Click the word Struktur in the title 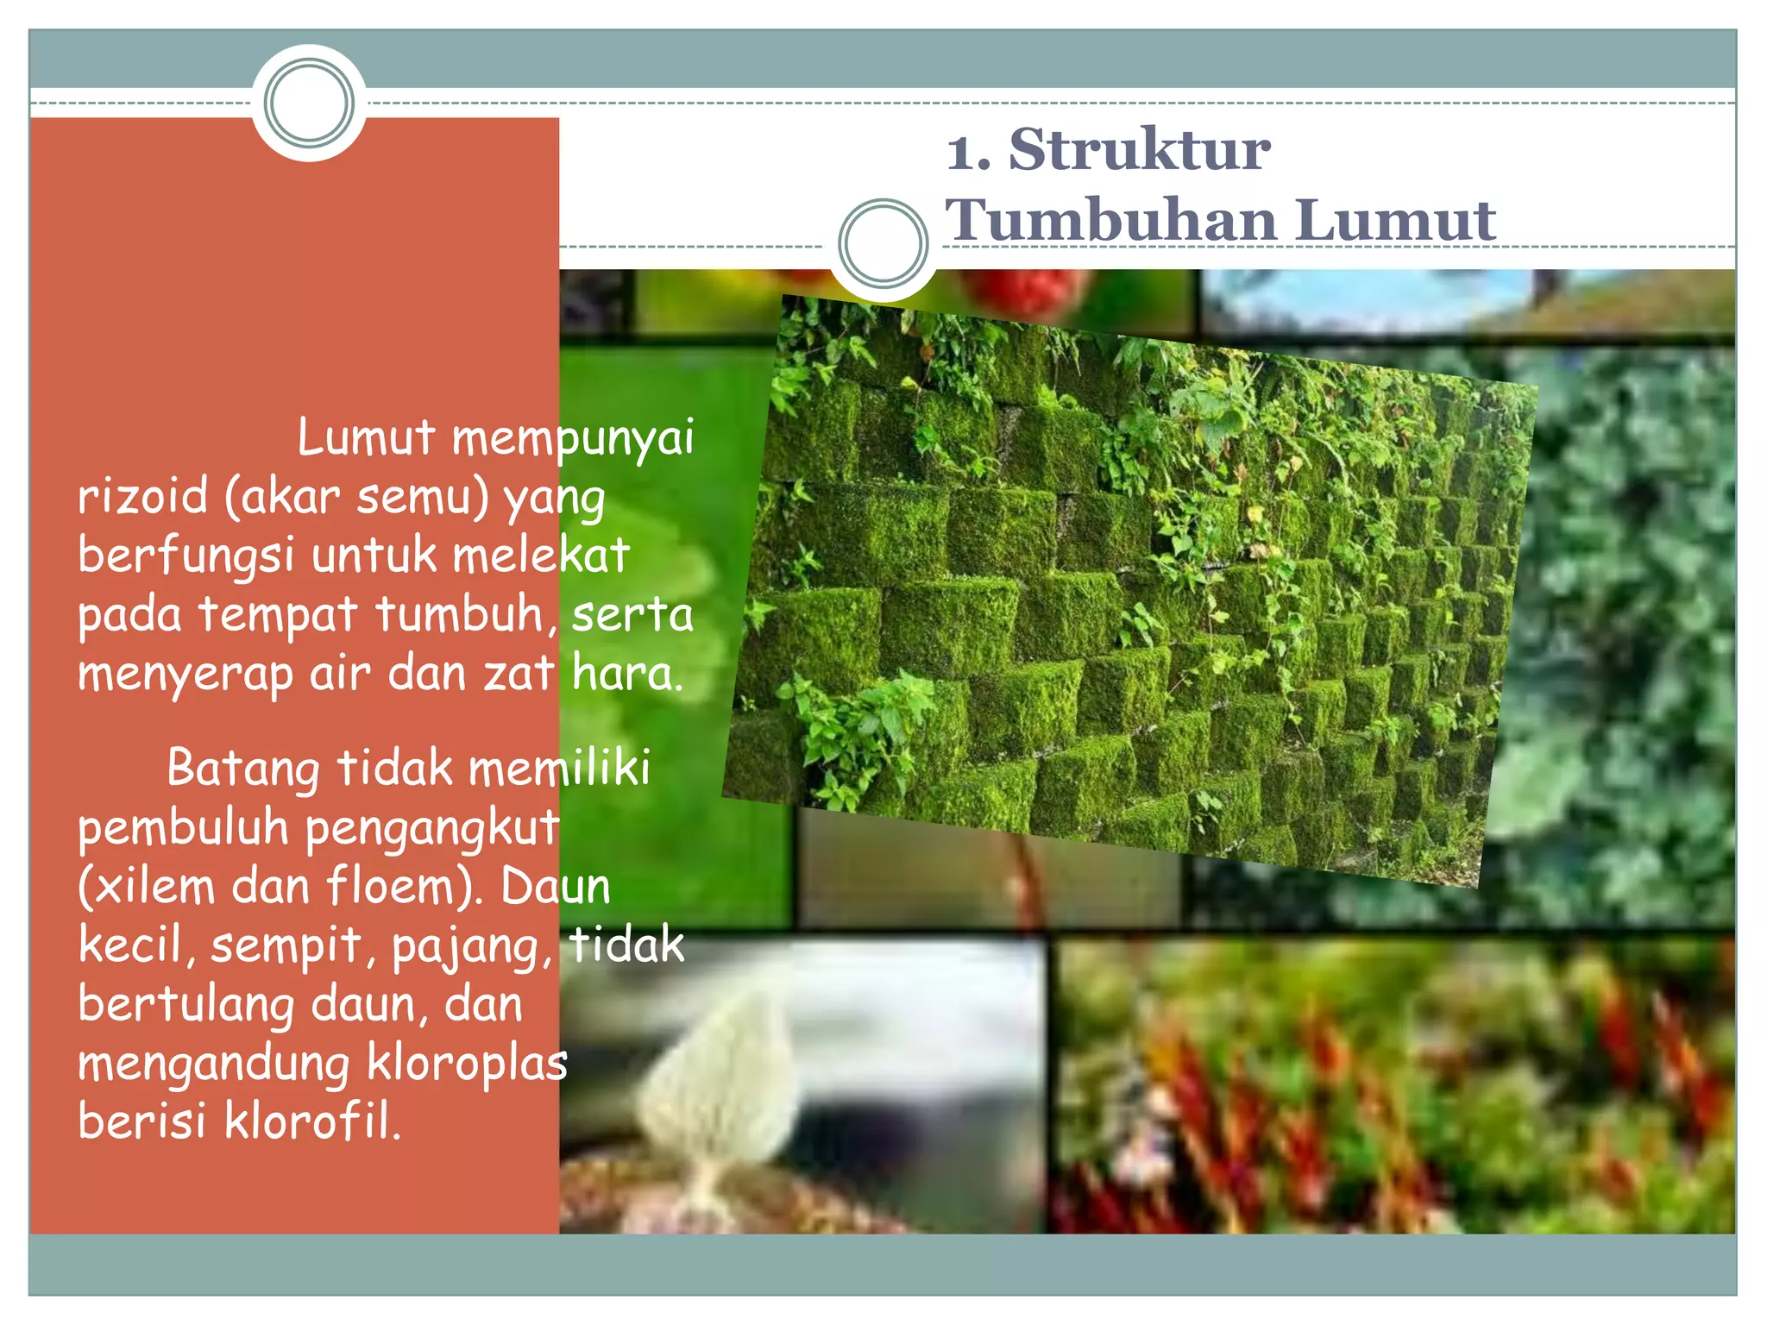(1139, 150)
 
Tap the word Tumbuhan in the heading (1110, 220)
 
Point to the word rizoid (143, 497)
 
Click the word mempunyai (573, 438)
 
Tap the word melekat (541, 555)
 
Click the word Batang (242, 769)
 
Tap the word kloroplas (467, 1063)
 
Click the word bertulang (186, 1006)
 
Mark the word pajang (471, 947)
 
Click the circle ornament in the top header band (309, 103)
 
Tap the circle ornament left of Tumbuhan (883, 244)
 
